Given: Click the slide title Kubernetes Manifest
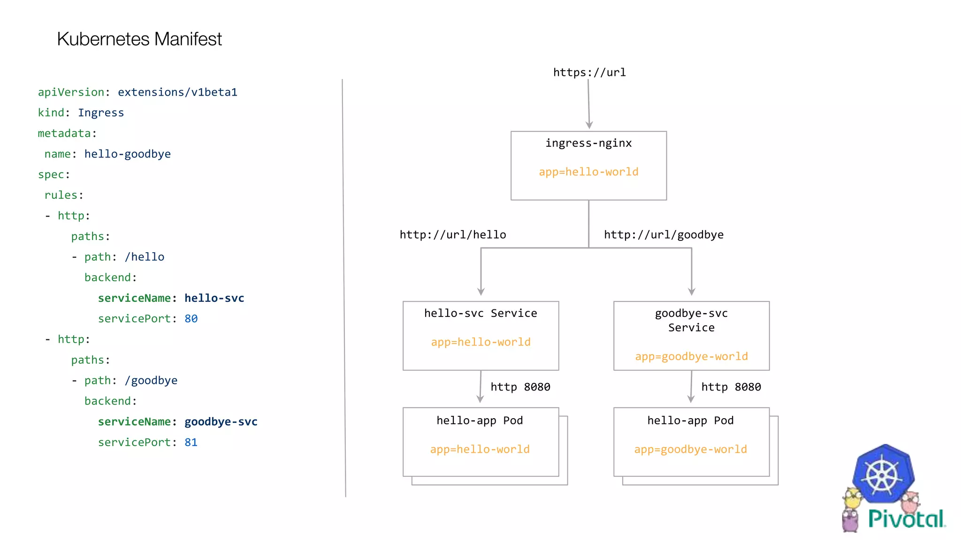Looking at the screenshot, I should click(139, 39).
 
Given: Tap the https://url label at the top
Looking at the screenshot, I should click(589, 72).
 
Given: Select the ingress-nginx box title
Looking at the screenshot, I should click(588, 143).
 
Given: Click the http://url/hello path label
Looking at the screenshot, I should click(452, 234).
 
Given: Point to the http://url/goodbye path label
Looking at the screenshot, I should click(664, 234).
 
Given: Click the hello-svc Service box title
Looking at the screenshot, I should click(480, 313).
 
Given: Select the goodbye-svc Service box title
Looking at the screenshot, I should click(691, 320).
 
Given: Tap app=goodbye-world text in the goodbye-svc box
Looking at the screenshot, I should click(691, 356).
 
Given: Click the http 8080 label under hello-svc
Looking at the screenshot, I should click(520, 387).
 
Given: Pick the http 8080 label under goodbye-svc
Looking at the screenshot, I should click(731, 387).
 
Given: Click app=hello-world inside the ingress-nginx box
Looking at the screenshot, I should click(588, 172).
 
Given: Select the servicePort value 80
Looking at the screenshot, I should click(191, 319).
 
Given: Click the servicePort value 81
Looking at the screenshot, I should click(191, 442).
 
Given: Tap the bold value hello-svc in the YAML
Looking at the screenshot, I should click(214, 298).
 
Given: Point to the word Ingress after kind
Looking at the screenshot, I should click(101, 113).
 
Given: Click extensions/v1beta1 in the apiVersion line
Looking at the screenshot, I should click(177, 92).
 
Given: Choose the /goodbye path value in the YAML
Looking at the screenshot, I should click(151, 381).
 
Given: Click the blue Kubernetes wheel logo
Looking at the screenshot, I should click(883, 474).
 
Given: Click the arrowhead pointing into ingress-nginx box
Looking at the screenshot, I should click(589, 125).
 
